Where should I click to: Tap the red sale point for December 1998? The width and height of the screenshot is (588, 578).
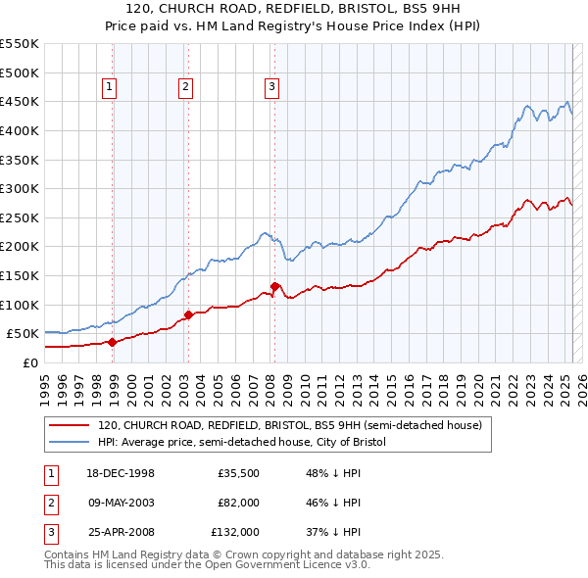click(112, 342)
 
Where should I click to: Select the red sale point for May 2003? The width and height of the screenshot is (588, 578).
click(188, 315)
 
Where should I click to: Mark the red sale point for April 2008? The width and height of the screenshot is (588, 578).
click(274, 286)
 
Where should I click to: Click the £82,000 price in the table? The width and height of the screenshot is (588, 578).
click(238, 503)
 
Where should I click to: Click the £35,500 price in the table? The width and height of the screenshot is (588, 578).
click(238, 473)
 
